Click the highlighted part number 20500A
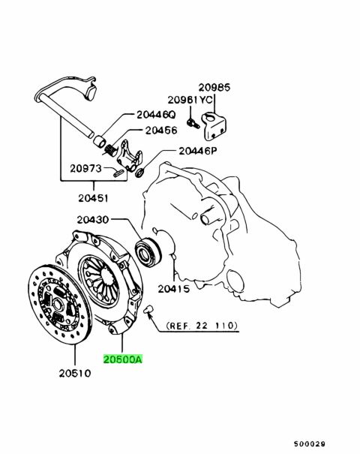click(x=123, y=359)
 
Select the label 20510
click(x=75, y=373)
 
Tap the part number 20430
click(x=93, y=220)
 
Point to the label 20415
click(x=174, y=289)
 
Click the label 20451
click(x=93, y=198)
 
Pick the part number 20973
click(x=85, y=168)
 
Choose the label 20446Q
click(x=156, y=115)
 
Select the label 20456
click(x=161, y=131)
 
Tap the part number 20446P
click(x=198, y=151)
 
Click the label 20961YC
click(x=190, y=100)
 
